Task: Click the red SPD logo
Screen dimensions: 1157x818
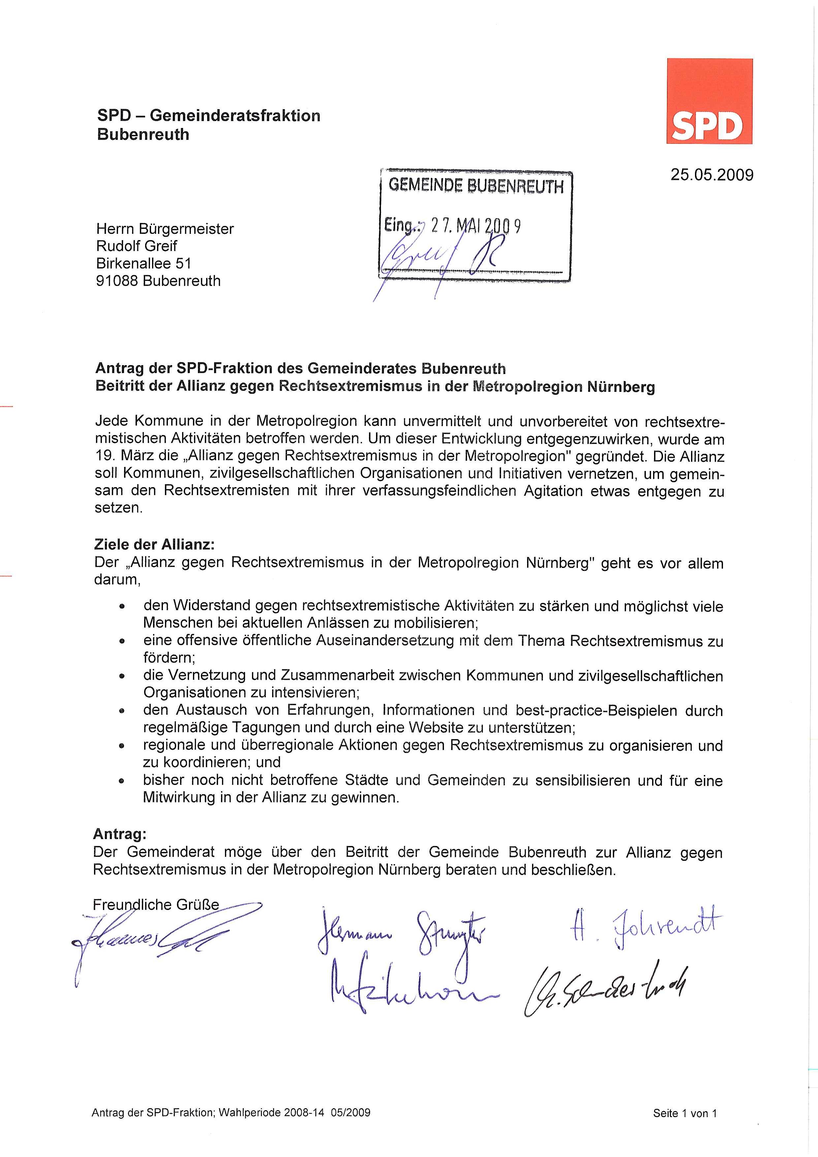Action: pos(709,101)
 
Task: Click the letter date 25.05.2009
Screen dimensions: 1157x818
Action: pos(712,175)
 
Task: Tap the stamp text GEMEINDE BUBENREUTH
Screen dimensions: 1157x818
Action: pos(476,186)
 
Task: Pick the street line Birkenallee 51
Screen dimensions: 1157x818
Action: pos(143,263)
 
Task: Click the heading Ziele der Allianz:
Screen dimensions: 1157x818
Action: pos(154,545)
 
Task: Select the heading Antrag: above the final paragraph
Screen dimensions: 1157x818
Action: pos(119,834)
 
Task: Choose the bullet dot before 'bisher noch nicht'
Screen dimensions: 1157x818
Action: pos(121,782)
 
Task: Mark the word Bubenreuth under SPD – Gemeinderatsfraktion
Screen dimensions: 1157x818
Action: pos(143,135)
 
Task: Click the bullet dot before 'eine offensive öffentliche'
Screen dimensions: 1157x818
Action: pos(121,642)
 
